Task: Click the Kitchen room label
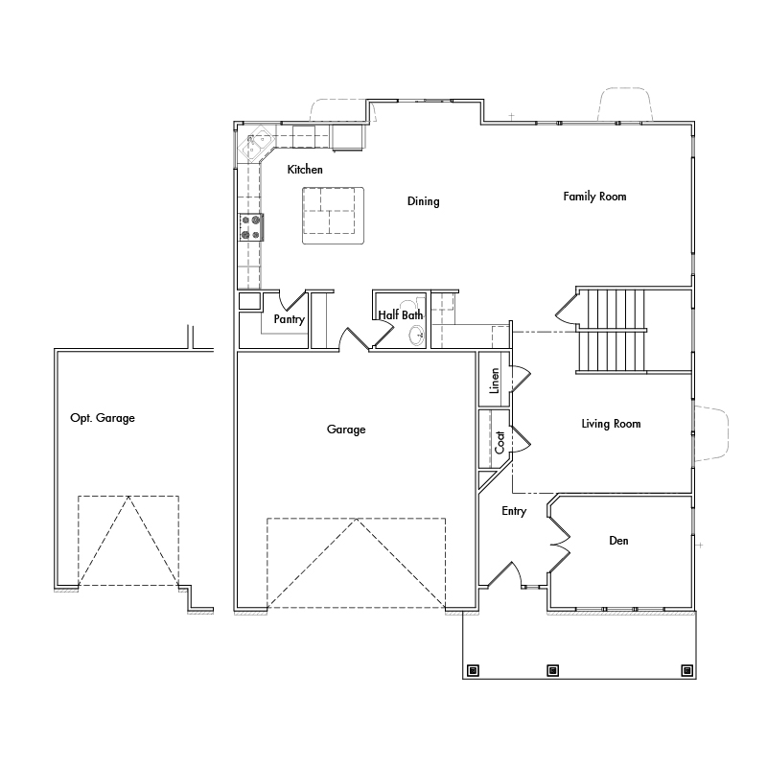tap(305, 170)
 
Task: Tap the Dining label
tap(423, 201)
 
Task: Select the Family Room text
tap(594, 197)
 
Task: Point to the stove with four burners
tap(252, 227)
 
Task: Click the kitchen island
tap(334, 215)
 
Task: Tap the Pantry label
tap(289, 319)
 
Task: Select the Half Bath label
tap(400, 314)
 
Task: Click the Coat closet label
tap(500, 441)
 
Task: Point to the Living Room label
tap(611, 424)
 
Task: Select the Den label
tap(618, 541)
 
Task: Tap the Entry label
tap(514, 511)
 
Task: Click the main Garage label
tap(346, 430)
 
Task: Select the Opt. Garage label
tap(103, 418)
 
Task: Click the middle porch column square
tap(552, 670)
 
